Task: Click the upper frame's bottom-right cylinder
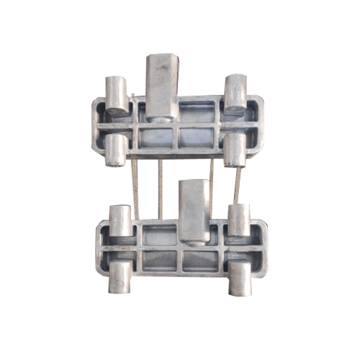point(234,150)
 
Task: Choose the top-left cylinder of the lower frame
point(120,220)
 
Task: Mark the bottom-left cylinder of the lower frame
point(121,276)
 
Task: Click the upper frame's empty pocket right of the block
point(197,112)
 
